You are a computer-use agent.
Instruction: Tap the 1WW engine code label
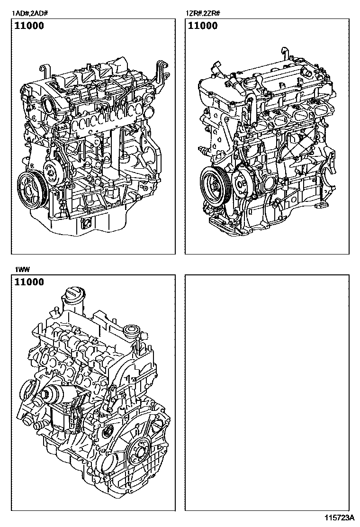point(22,270)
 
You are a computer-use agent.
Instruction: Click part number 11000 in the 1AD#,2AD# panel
point(29,26)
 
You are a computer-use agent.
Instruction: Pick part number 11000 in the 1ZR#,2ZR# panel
point(203,26)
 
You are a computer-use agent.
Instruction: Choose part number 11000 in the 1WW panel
point(29,282)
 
